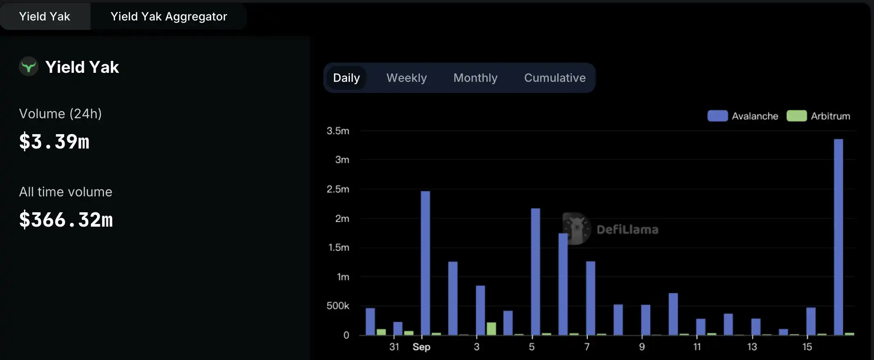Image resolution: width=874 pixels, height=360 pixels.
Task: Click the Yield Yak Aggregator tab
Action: (169, 16)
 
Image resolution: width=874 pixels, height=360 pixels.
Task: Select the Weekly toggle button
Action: (406, 78)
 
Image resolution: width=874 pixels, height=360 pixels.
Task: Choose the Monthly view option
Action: (475, 78)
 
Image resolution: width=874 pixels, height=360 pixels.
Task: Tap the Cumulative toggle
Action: (554, 78)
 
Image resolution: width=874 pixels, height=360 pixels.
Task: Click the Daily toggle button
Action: (346, 78)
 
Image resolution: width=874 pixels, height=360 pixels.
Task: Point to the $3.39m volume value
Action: (54, 142)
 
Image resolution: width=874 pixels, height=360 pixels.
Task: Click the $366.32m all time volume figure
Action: (66, 220)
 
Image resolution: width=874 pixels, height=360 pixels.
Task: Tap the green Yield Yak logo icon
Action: (29, 66)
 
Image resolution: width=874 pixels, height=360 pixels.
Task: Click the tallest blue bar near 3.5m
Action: (838, 237)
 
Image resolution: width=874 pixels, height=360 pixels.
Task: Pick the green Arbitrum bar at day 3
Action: (491, 328)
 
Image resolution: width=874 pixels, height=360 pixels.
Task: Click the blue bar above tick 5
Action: (535, 272)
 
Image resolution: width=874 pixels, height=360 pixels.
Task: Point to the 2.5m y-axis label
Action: (338, 189)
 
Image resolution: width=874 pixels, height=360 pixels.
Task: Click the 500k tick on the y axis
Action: (338, 306)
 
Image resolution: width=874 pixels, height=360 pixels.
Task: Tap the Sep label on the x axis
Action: (421, 347)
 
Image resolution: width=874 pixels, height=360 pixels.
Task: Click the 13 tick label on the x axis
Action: (752, 347)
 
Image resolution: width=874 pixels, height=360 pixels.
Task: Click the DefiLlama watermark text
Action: (627, 229)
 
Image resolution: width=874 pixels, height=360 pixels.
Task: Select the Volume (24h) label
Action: (60, 114)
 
